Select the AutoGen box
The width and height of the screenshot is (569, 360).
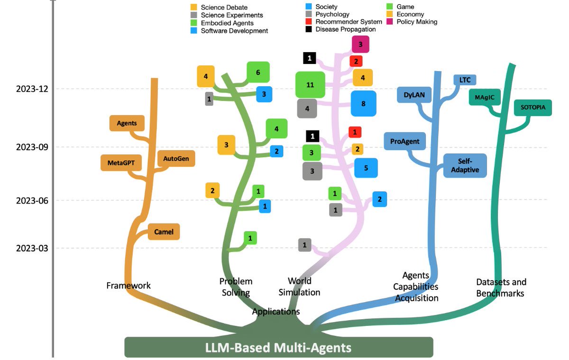176,158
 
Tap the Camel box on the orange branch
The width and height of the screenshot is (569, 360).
164,232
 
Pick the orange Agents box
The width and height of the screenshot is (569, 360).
127,123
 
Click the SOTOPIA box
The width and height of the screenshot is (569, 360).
533,108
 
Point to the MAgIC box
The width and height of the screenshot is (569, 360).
484,98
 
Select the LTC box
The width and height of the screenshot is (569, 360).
465,80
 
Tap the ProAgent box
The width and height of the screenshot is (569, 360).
404,141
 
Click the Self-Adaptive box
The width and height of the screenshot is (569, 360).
465,166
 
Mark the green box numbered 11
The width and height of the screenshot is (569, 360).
310,85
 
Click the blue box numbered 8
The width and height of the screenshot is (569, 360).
363,103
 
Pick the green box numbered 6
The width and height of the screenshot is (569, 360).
258,73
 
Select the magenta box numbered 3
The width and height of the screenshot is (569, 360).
360,45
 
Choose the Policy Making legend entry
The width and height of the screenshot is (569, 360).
416,21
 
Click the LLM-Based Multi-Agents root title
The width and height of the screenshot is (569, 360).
278,348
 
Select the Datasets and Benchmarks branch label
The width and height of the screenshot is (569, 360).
501,287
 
